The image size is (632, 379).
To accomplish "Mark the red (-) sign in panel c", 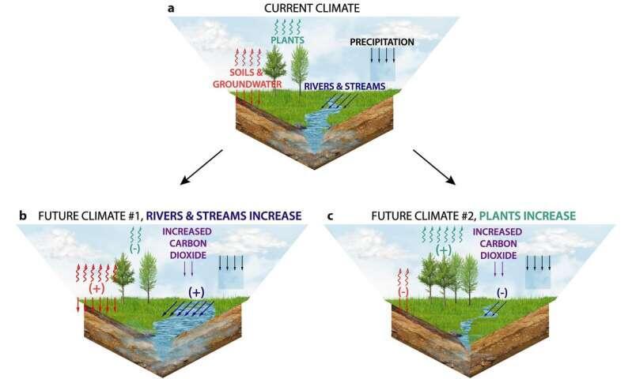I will coord(403,292).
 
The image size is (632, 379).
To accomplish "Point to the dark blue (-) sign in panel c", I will coord(501,291).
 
